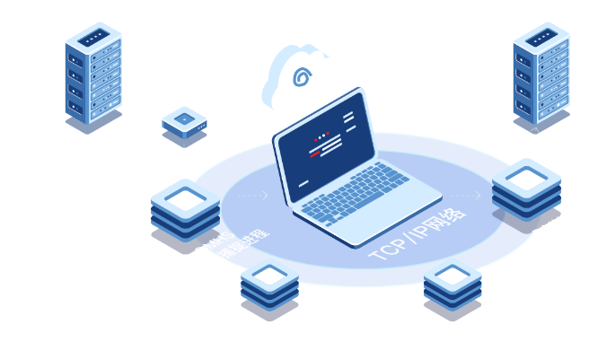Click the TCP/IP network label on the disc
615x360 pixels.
point(417,236)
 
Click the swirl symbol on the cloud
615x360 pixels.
point(303,77)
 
